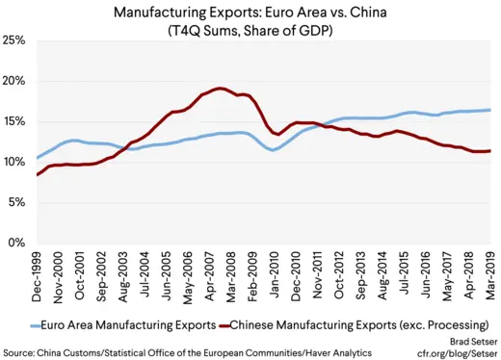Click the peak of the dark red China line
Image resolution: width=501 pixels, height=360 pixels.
click(220, 89)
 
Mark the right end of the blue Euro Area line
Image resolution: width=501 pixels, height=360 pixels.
click(489, 110)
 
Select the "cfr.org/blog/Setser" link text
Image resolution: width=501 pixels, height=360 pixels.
click(461, 352)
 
